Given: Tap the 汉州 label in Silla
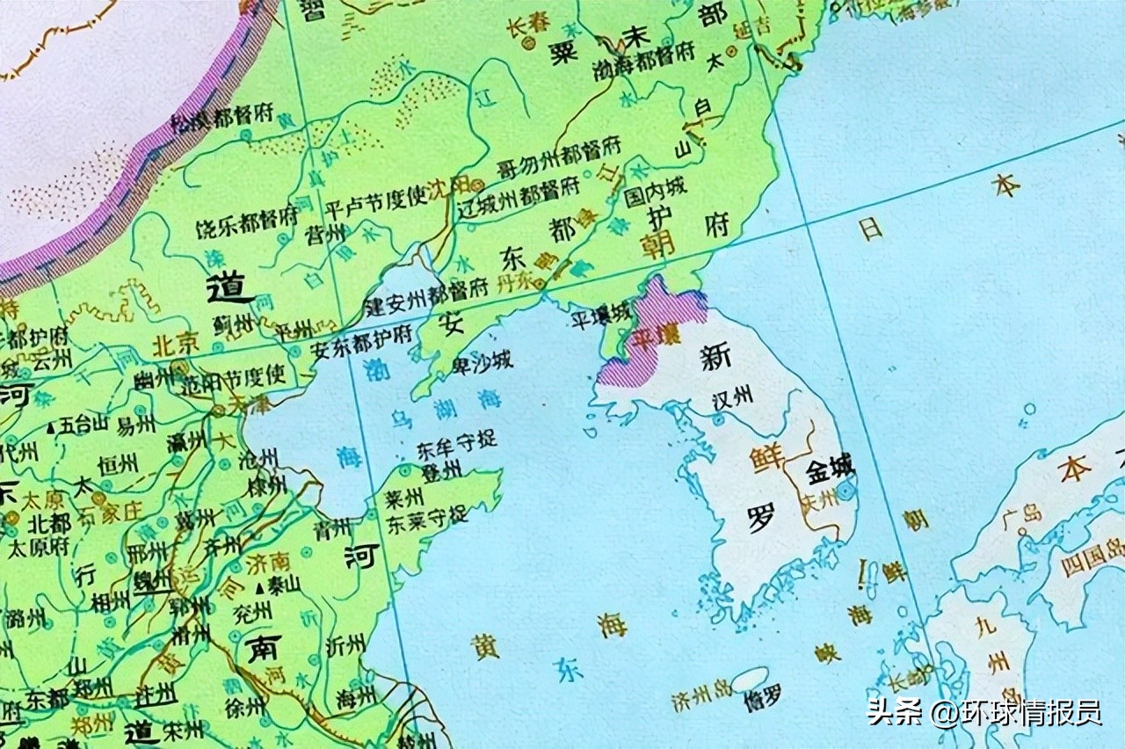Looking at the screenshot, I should [732, 396].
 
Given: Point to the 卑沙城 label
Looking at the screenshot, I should [482, 360].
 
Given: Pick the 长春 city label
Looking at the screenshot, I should [525, 28].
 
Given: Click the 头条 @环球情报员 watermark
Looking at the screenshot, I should [984, 711].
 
